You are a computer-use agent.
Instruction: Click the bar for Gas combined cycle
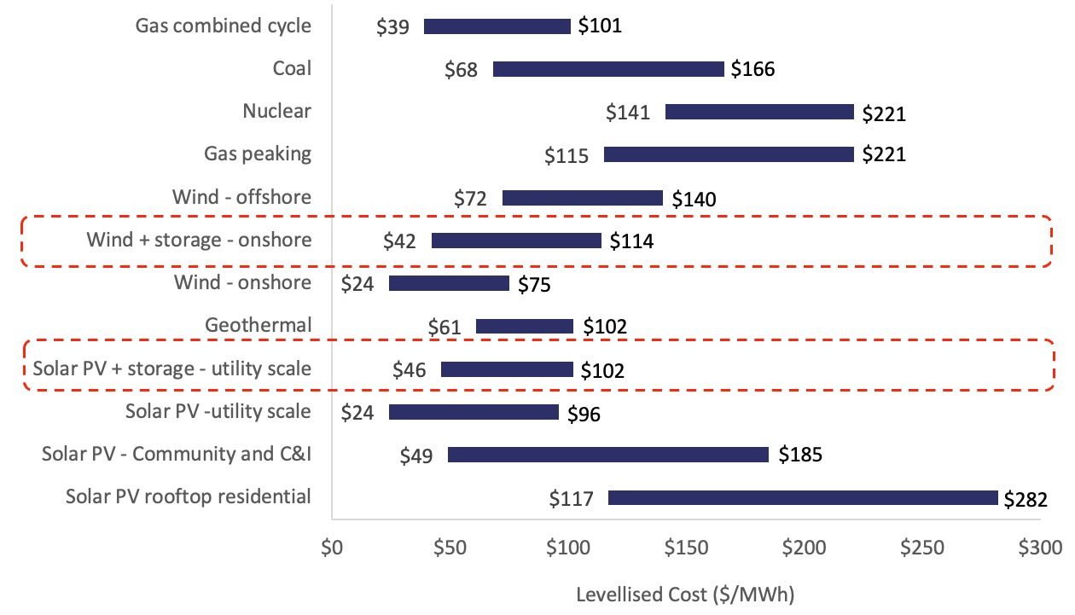pyautogui.click(x=497, y=26)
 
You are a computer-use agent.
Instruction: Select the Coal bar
pyautogui.click(x=608, y=69)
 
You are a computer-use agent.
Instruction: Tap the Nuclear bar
pyautogui.click(x=759, y=112)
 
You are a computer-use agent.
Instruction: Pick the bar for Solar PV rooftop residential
pyautogui.click(x=803, y=497)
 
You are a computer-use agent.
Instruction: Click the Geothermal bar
pyautogui.click(x=525, y=326)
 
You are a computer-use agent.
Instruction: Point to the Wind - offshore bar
pyautogui.click(x=583, y=198)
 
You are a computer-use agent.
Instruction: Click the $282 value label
pyautogui.click(x=1026, y=499)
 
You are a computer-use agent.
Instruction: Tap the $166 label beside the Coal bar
pyautogui.click(x=752, y=69)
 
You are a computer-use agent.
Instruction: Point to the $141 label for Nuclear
pyautogui.click(x=628, y=113)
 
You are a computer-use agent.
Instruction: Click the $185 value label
pyautogui.click(x=800, y=455)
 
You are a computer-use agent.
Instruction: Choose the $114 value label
pyautogui.click(x=631, y=241)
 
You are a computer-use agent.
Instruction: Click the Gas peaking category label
pyautogui.click(x=258, y=154)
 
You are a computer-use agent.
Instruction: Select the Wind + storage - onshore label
pyautogui.click(x=199, y=240)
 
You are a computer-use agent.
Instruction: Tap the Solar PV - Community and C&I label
pyautogui.click(x=177, y=454)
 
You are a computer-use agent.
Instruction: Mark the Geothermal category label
pyautogui.click(x=259, y=325)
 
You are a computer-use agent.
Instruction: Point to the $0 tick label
pyautogui.click(x=332, y=548)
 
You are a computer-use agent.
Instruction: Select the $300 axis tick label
pyautogui.click(x=1039, y=548)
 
